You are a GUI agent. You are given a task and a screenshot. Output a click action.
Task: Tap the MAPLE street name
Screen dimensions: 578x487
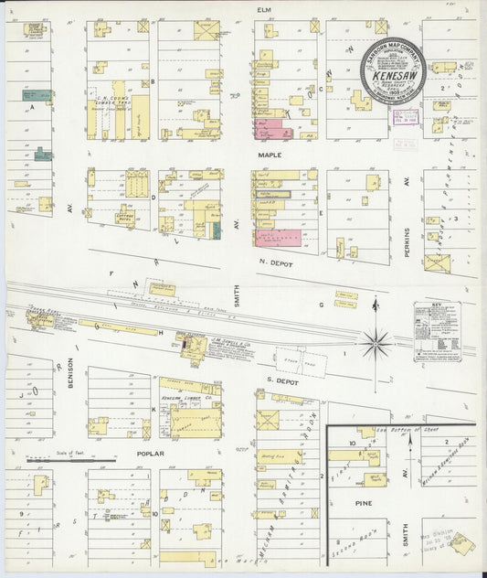(270, 155)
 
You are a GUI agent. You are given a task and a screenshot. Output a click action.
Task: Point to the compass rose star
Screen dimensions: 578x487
(376, 344)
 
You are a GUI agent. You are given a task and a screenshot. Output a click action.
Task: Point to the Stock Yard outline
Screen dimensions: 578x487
(292, 355)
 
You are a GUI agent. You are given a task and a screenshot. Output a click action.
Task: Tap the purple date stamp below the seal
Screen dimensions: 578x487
(405, 116)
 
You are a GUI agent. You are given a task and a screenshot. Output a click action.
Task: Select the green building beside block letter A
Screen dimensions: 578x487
(37, 95)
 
